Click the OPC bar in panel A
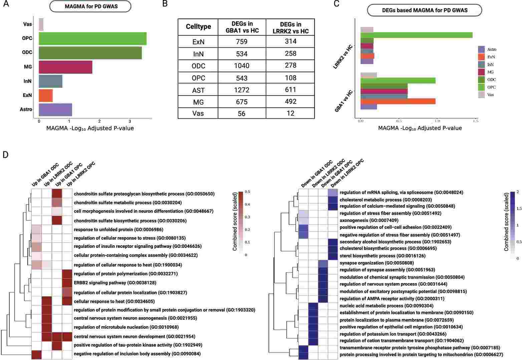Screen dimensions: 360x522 point(92,38)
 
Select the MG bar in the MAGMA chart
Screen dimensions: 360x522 point(65,67)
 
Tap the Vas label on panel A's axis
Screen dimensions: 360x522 point(28,24)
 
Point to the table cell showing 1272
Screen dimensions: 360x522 point(242,90)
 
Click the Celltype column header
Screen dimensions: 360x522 point(198,27)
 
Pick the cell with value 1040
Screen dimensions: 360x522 point(242,66)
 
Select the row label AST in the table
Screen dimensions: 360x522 point(198,90)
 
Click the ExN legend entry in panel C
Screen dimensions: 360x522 point(491,57)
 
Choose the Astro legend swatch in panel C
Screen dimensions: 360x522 point(481,49)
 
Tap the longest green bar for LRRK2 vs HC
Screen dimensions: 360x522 point(416,35)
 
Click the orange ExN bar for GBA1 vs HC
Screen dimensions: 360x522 point(398,101)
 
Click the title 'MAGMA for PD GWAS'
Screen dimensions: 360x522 point(90,6)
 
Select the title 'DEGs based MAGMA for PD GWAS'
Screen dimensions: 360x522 point(425,10)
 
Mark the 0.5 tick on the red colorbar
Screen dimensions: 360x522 point(248,192)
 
